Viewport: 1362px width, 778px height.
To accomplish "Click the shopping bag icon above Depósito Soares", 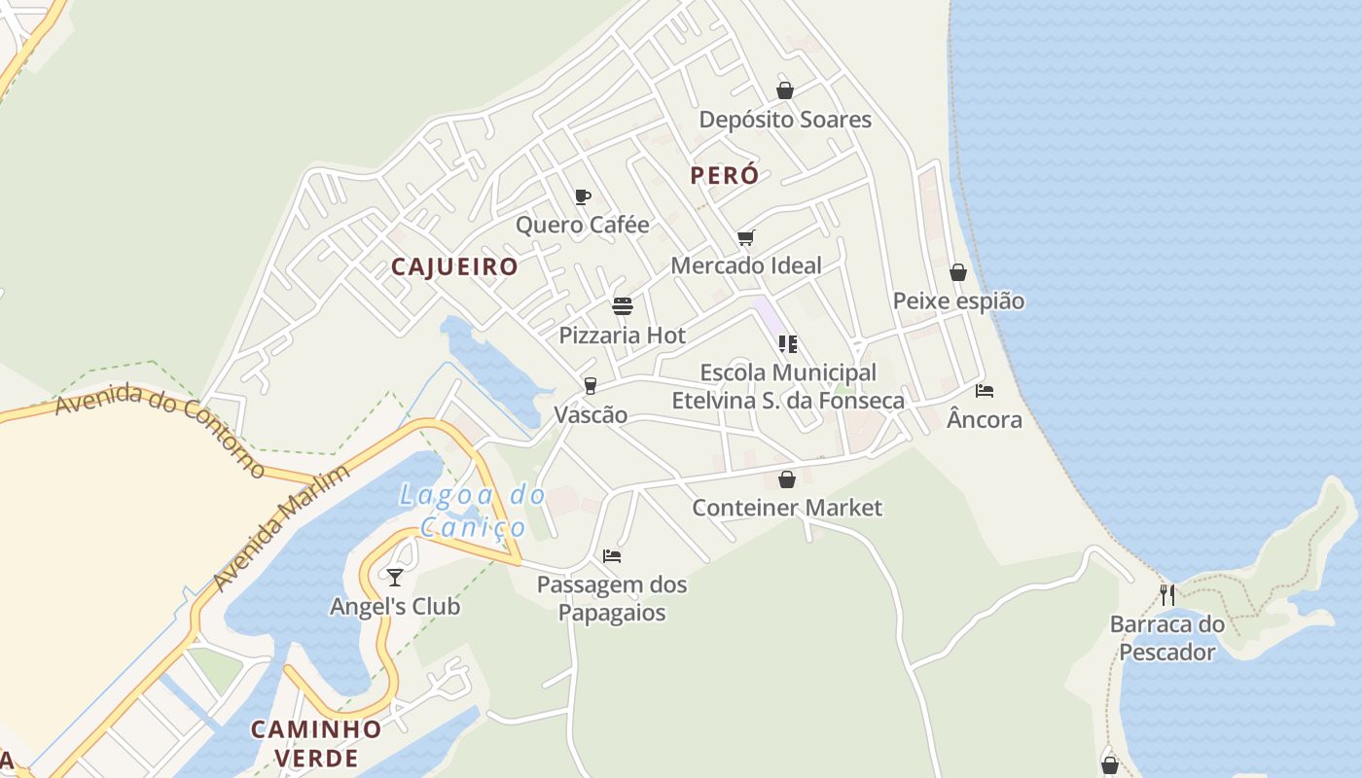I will click(x=785, y=90).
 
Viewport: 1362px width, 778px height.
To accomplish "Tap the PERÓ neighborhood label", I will click(x=724, y=176).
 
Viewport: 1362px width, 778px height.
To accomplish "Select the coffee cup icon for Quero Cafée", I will click(x=582, y=197).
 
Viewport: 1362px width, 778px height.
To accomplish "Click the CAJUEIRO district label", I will click(x=454, y=267).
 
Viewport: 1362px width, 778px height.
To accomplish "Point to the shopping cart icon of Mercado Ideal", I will click(x=746, y=237).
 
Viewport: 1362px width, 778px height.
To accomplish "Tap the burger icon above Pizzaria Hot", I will click(x=623, y=307).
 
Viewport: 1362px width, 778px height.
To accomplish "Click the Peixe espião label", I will click(x=958, y=301).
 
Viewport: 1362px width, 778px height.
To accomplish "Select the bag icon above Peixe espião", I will click(x=958, y=272).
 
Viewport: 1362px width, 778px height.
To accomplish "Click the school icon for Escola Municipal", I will click(x=788, y=344).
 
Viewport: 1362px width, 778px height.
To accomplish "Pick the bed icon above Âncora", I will click(x=985, y=391).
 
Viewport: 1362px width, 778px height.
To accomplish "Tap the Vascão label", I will click(x=591, y=415).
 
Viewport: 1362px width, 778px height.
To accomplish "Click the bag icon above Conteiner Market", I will click(x=786, y=479).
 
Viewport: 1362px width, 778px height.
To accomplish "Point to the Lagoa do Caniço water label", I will click(x=473, y=512).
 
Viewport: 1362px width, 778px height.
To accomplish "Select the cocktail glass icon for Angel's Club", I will click(x=394, y=578).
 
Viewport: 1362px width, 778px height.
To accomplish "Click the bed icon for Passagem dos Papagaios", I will click(x=612, y=556).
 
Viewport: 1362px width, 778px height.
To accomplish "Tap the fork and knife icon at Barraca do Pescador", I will click(x=1167, y=594).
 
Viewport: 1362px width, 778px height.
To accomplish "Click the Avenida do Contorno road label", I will click(x=161, y=429).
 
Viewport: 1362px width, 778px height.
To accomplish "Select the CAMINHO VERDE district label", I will click(x=316, y=744).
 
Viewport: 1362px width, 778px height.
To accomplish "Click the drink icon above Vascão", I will click(x=590, y=387).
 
